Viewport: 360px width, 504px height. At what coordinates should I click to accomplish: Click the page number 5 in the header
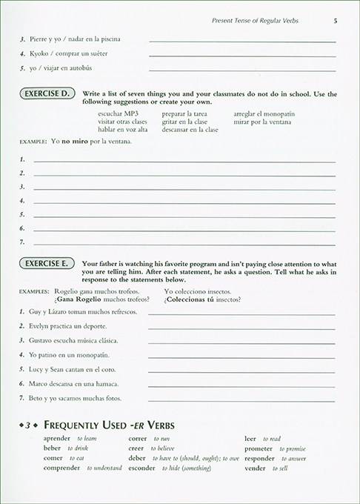click(x=336, y=20)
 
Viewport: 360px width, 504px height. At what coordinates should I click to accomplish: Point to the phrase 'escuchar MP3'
click(x=113, y=113)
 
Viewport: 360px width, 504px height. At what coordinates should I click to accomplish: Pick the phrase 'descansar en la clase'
click(x=183, y=130)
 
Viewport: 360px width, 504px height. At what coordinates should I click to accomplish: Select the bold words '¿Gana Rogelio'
click(x=75, y=299)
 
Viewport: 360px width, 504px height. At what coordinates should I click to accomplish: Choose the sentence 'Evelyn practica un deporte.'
click(x=67, y=327)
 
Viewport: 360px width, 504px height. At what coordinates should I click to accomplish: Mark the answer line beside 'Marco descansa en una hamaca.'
click(x=242, y=384)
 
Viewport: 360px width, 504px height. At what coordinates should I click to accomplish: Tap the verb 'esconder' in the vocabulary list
click(x=142, y=468)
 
